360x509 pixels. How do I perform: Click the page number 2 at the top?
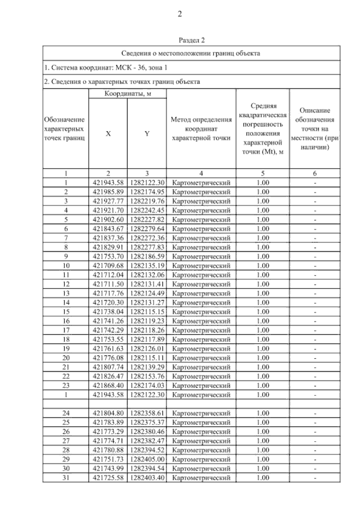[x=180, y=14]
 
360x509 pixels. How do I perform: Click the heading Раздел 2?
[x=191, y=40]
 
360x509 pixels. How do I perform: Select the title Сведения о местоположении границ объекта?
[x=191, y=53]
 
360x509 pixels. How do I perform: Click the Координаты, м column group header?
[x=127, y=94]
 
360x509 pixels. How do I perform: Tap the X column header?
[x=108, y=134]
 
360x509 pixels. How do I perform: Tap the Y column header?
[x=147, y=134]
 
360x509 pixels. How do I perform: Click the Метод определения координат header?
[x=201, y=129]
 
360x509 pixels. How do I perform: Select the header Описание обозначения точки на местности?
[x=315, y=129]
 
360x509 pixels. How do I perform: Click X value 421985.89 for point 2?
[x=108, y=192]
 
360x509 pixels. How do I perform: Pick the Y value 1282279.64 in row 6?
[x=147, y=229]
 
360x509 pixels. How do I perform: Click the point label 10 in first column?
[x=66, y=265]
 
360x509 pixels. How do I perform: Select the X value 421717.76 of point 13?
[x=108, y=293]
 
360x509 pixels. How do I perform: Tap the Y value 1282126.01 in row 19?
[x=147, y=349]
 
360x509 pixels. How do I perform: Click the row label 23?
[x=66, y=385]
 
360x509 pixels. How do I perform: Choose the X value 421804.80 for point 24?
[x=108, y=413]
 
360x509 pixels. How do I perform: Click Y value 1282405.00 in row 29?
[x=147, y=459]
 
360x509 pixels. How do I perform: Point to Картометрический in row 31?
[x=202, y=478]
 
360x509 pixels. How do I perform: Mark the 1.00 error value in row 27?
[x=263, y=441]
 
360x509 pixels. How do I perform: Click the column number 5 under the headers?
[x=263, y=173]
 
